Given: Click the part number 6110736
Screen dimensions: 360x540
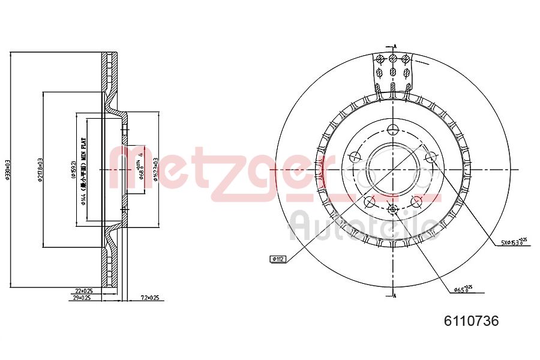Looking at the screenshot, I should (x=471, y=321).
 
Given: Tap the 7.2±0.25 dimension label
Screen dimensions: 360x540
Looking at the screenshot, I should (x=149, y=298).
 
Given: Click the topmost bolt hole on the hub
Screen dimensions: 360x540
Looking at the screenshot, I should (x=393, y=129).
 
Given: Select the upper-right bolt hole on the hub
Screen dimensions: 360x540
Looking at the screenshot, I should (x=430, y=157).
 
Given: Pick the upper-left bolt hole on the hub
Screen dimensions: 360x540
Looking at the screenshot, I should (x=355, y=157).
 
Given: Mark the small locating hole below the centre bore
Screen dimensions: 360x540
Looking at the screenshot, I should (x=393, y=209).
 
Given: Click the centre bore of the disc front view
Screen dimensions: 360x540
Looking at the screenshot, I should (x=392, y=170).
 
